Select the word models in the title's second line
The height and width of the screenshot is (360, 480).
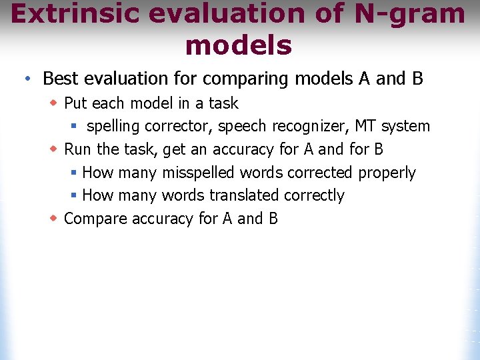239,45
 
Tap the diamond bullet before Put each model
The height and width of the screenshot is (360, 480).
55,103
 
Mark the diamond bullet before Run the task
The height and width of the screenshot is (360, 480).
55,149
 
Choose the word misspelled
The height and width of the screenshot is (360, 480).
198,173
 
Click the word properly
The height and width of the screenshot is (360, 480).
387,173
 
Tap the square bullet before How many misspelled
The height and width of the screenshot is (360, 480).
75,173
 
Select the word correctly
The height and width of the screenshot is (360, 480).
314,195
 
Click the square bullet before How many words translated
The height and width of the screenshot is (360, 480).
75,195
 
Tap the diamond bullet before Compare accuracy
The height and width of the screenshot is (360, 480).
55,219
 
